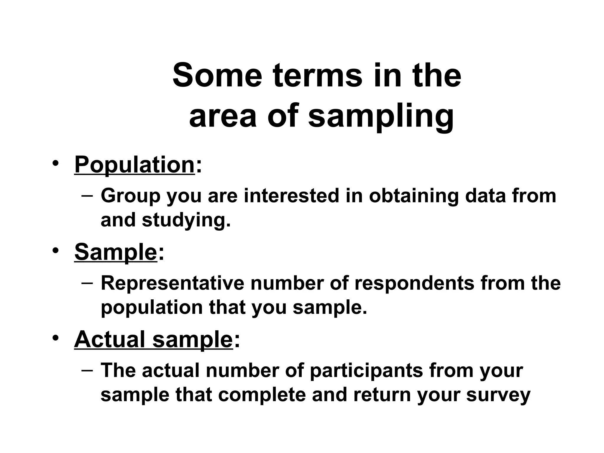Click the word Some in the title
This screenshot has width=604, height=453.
pos(217,75)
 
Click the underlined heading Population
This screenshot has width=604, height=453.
pos(134,165)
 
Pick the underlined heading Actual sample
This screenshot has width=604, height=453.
pos(153,339)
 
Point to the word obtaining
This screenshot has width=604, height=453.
pos(413,196)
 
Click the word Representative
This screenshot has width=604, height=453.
pos(173,283)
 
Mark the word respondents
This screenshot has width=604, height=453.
pos(414,283)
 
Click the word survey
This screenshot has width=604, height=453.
pos(498,395)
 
